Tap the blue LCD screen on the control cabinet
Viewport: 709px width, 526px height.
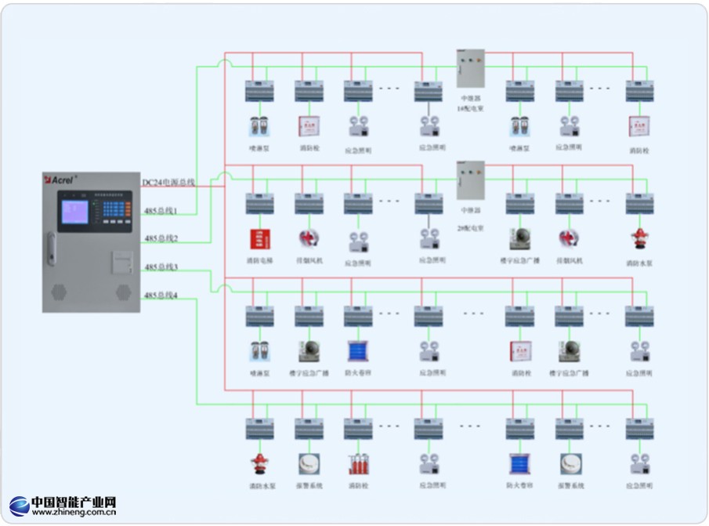coord(75,212)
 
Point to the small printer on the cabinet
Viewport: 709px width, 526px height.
coord(119,259)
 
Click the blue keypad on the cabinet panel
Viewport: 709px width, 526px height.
coord(115,209)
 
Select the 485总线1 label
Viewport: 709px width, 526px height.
coord(161,210)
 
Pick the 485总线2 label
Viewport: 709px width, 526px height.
coord(161,238)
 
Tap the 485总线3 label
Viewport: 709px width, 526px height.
coord(161,267)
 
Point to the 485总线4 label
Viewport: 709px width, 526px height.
coord(161,296)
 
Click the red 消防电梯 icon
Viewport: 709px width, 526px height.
coord(259,238)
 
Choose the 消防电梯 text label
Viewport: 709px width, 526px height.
coord(259,259)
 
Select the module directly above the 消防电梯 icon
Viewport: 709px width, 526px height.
coord(259,204)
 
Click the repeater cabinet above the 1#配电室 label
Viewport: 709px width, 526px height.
coord(471,68)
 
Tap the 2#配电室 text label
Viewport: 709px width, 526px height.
coord(471,227)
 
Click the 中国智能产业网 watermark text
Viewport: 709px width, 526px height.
coord(74,502)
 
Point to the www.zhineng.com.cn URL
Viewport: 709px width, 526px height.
coord(74,513)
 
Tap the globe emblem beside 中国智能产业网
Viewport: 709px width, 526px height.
coord(20,506)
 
